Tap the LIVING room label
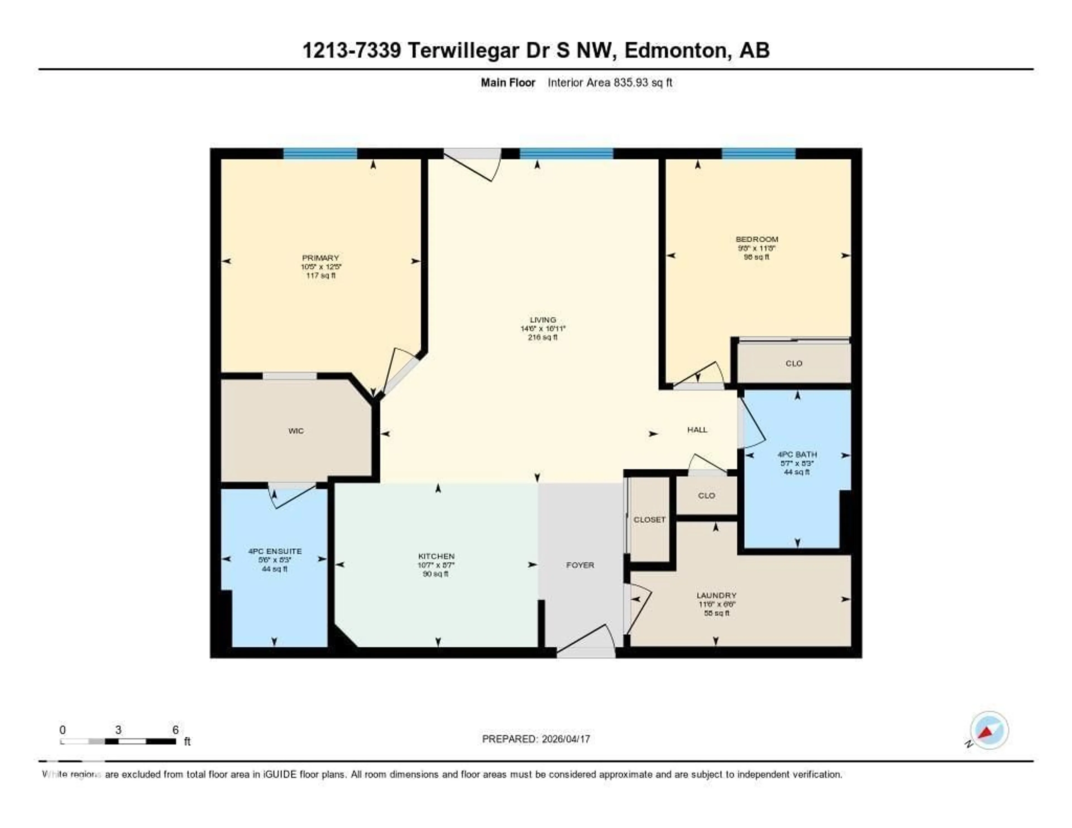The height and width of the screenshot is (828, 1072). (x=543, y=320)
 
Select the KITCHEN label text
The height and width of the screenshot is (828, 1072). (x=436, y=556)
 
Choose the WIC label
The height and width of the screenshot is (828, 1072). (x=296, y=431)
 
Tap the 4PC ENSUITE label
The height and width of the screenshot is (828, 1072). (x=275, y=551)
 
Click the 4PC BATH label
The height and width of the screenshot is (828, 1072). (x=797, y=454)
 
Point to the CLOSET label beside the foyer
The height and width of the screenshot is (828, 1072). (x=649, y=519)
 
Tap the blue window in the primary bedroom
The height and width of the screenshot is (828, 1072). (x=320, y=154)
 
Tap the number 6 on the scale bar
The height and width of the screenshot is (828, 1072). (x=175, y=730)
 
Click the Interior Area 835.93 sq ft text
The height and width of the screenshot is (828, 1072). (x=610, y=82)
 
